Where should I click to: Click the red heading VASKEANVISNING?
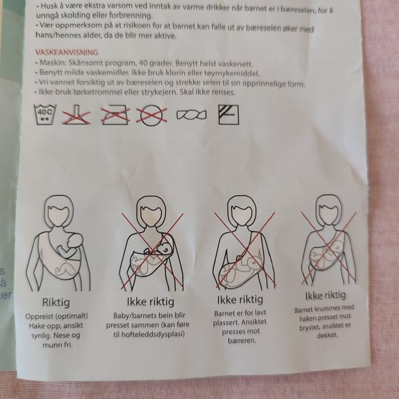point(67,52)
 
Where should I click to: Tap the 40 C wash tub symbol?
point(45,115)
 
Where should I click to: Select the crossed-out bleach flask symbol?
point(76,115)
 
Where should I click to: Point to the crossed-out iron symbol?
point(115,115)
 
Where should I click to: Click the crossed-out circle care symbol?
point(152,116)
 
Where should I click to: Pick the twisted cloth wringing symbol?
point(192,115)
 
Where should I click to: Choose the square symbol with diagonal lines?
point(229,115)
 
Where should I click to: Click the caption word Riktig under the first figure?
point(56,303)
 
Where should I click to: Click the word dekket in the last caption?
point(327,335)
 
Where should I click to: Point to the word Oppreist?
point(39,316)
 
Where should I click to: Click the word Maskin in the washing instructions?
point(52,62)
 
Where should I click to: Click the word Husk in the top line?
point(50,6)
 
